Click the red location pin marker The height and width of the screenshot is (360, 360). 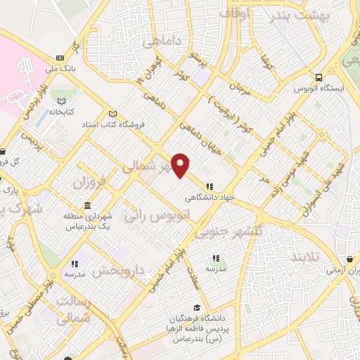pos(181,165)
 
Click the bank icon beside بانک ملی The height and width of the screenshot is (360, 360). pos(59,58)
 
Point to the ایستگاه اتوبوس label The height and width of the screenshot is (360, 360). pos(320,89)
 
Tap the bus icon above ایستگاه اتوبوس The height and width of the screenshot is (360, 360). pos(320,78)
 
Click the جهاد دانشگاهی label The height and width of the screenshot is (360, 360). pos(209,197)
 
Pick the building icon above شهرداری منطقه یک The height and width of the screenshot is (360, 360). pos(86,205)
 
